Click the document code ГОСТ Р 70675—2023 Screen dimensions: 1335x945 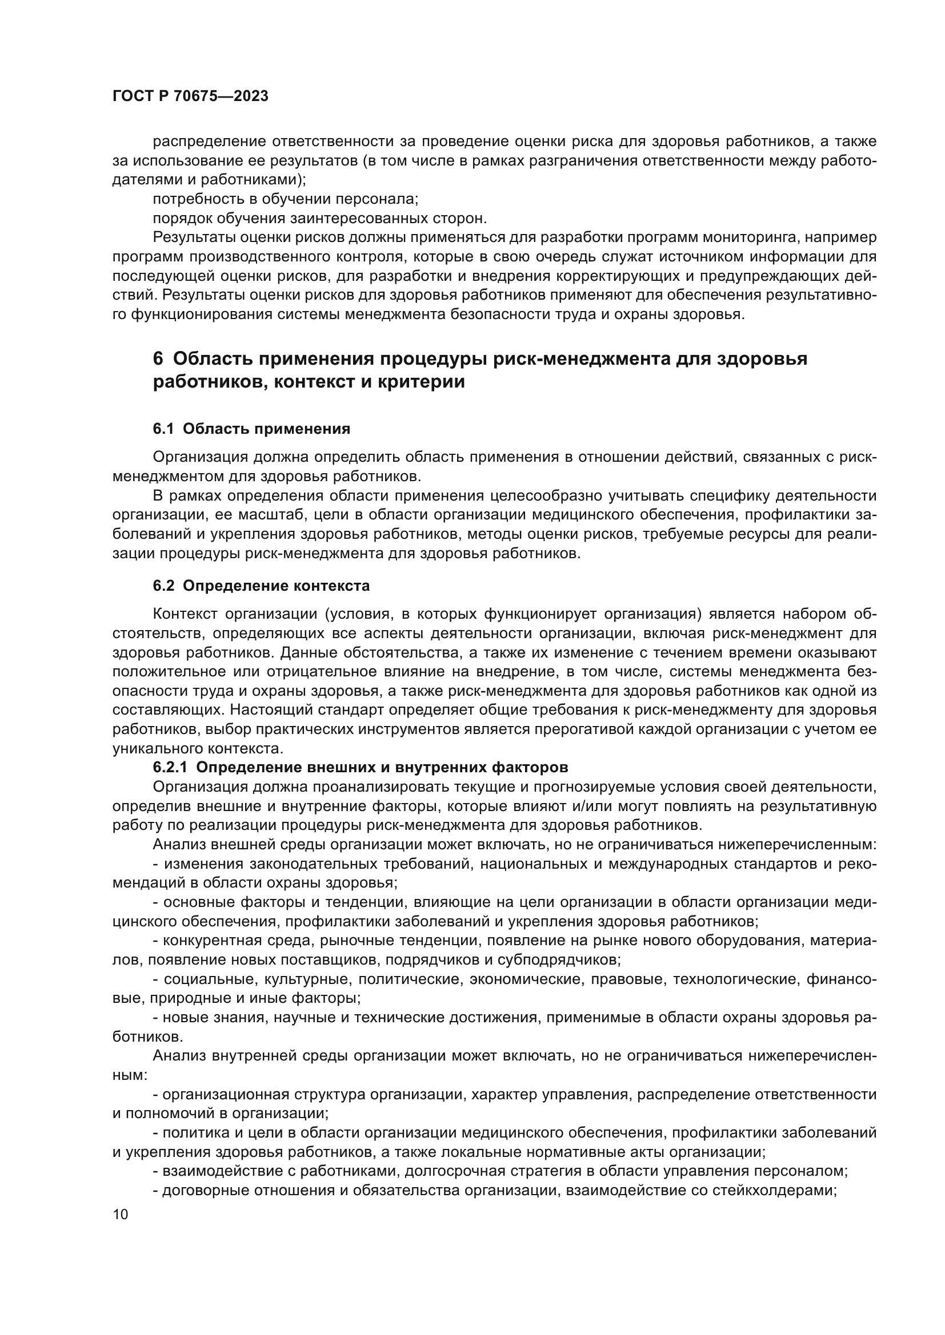point(190,96)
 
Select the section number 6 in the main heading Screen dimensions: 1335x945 point(158,359)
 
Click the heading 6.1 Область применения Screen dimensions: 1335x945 point(251,429)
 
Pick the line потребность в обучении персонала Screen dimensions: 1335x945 point(285,199)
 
